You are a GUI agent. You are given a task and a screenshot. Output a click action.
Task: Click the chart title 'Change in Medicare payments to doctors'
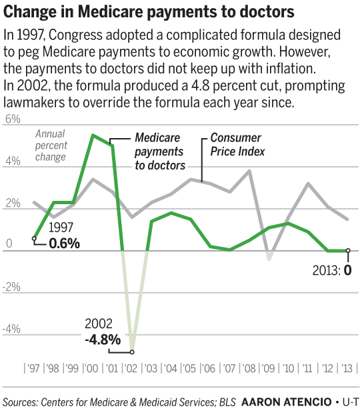149,12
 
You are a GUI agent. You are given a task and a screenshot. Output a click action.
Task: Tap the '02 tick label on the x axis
131,368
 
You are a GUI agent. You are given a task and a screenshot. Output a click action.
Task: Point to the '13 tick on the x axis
348,368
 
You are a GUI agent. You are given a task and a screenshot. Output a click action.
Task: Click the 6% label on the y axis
13,119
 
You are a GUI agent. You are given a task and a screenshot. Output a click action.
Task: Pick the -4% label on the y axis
11,329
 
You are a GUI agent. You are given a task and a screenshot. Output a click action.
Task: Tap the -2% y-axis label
11,287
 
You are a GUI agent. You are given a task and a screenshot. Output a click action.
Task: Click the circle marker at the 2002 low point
132,352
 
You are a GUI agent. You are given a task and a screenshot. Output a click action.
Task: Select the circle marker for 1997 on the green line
34,238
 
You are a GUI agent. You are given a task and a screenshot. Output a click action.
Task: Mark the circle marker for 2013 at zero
348,251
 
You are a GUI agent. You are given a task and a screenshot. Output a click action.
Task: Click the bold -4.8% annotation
103,340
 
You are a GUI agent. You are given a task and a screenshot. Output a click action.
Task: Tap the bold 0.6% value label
65,244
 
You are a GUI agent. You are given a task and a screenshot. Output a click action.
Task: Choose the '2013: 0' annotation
332,270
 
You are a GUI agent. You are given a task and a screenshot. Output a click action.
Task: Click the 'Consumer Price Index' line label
237,145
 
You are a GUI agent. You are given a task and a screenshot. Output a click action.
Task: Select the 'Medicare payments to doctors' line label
160,151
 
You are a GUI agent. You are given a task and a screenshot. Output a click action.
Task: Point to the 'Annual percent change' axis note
51,145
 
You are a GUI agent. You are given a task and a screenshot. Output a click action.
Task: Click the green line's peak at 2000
93,135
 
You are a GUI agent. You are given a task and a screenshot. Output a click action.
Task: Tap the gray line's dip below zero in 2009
269,259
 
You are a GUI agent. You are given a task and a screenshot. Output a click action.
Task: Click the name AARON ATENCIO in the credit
287,402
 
